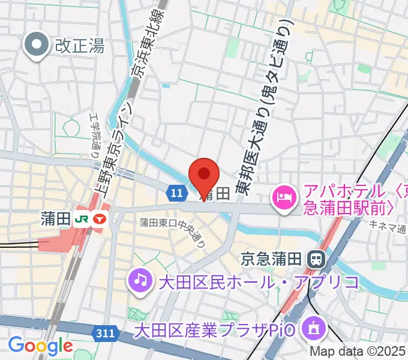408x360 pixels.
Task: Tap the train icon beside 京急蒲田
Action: pyautogui.click(x=314, y=259)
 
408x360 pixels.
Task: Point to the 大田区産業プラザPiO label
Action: pyautogui.click(x=217, y=329)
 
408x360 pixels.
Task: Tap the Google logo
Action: pyautogui.click(x=40, y=346)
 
